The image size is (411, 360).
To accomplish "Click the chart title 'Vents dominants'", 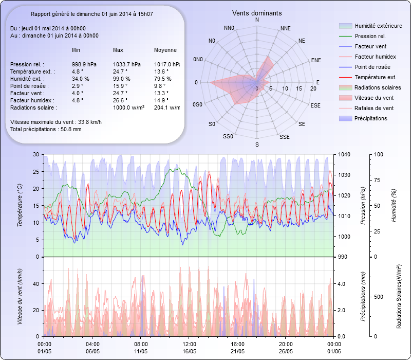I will point(256,13).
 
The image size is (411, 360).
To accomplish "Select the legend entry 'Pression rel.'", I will point(370,36).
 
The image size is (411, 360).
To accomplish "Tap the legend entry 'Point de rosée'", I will point(372,67).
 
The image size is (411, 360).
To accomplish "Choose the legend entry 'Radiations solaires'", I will point(378,87).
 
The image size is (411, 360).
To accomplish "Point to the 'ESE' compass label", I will point(316,105).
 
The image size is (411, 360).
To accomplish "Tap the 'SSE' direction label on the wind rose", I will point(284,137).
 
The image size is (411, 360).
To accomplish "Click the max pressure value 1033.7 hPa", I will point(126,64).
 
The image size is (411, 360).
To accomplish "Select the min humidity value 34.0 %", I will point(81,79).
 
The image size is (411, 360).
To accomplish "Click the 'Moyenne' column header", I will point(165,50).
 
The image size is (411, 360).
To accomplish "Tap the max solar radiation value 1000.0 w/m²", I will point(128,107).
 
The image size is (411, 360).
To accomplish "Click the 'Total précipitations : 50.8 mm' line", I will point(46,129).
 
